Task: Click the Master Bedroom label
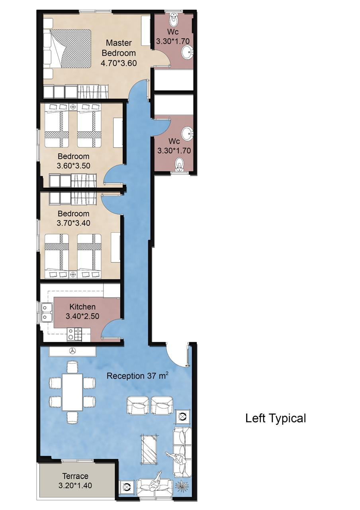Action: click(119, 48)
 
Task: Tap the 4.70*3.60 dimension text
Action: click(119, 63)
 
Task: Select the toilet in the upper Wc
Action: click(174, 20)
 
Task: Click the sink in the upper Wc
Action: click(187, 52)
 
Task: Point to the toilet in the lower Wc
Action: click(180, 165)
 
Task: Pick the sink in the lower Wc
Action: click(187, 134)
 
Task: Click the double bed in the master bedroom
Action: click(68, 49)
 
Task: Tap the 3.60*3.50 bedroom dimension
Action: click(73, 166)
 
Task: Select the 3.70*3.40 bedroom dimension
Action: click(73, 223)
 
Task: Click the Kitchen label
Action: click(82, 307)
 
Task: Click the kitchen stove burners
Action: click(74, 335)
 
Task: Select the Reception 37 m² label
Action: click(138, 376)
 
